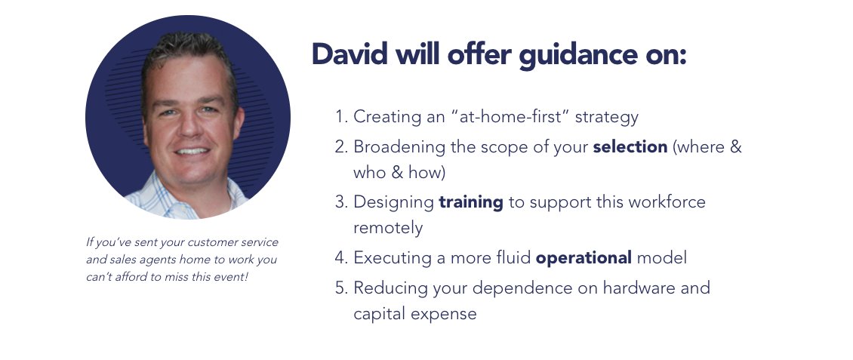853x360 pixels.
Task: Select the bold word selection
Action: pos(630,146)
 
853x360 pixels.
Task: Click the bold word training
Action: pos(471,202)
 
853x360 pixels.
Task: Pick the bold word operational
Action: pos(584,258)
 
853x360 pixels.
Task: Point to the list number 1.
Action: pos(340,117)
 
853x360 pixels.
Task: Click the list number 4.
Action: pos(340,258)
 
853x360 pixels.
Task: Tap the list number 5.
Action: pos(340,288)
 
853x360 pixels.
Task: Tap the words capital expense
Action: pos(414,314)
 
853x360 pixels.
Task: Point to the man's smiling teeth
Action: pos(192,151)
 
